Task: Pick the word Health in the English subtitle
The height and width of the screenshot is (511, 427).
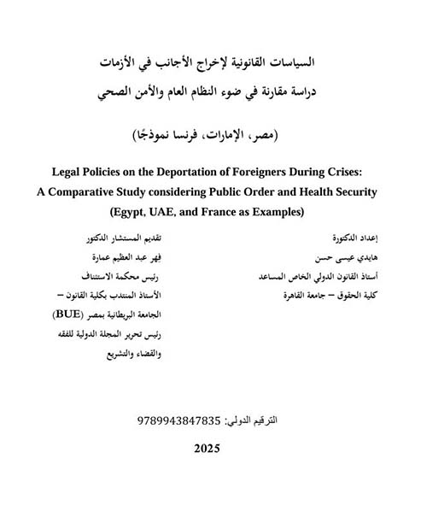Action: (x=322, y=191)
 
